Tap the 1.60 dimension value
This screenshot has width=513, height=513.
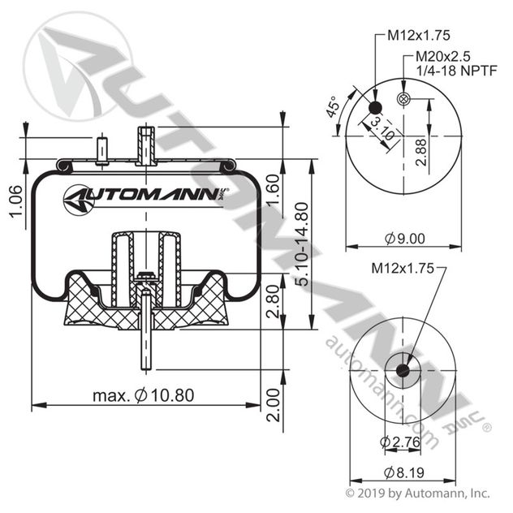coord(272,192)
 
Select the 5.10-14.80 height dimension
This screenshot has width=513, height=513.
coord(301,244)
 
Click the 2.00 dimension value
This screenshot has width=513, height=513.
coord(272,403)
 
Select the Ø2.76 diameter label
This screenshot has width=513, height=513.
coord(399,442)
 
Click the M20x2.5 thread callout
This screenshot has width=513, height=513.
coord(443,58)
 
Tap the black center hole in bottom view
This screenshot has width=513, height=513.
coord(403,371)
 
